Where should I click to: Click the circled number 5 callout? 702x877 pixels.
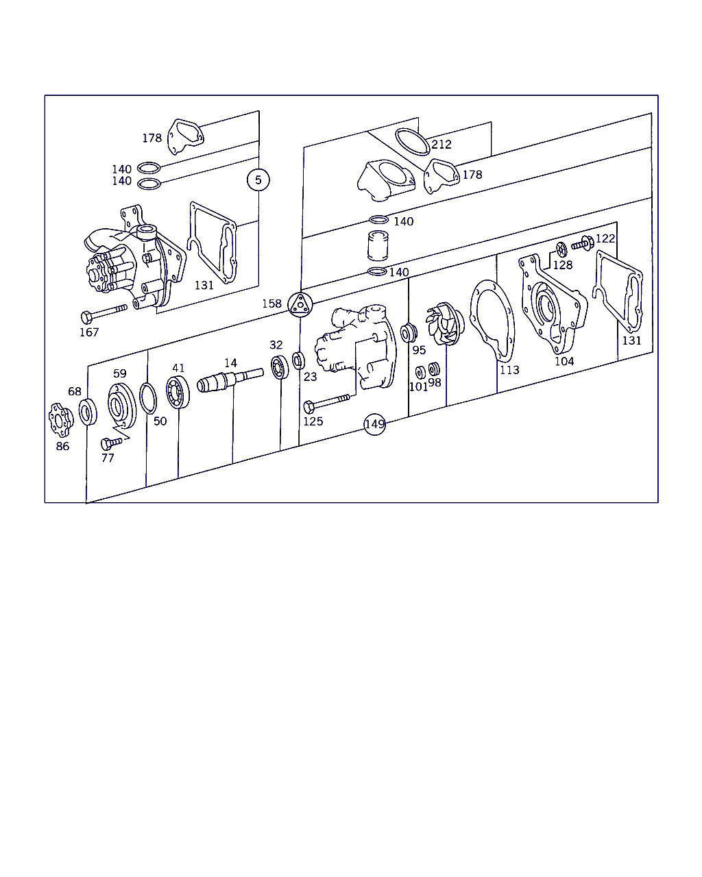coord(258,180)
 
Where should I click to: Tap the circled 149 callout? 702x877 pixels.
coord(374,424)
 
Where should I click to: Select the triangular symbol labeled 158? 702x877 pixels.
coord(300,304)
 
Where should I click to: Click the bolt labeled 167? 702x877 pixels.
coord(104,314)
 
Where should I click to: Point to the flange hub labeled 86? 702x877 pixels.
coord(61,420)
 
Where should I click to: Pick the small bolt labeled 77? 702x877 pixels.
coord(111,443)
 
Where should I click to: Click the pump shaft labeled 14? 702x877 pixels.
coord(230,380)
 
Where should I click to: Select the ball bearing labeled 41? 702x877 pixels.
coord(178,392)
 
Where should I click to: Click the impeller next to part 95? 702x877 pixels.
coord(445,323)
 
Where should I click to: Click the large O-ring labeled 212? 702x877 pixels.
coord(413,142)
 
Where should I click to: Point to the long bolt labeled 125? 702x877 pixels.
coord(326,403)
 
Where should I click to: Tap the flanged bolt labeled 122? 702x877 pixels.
coord(583,244)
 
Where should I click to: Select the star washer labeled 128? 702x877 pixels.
coord(561,249)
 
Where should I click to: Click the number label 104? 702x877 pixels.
coord(564,361)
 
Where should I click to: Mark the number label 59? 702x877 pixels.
coord(120,373)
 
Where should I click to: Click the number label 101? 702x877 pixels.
coord(418,386)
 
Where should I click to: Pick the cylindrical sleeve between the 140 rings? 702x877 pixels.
coord(378,245)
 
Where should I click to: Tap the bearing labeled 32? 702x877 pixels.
coord(280,367)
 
